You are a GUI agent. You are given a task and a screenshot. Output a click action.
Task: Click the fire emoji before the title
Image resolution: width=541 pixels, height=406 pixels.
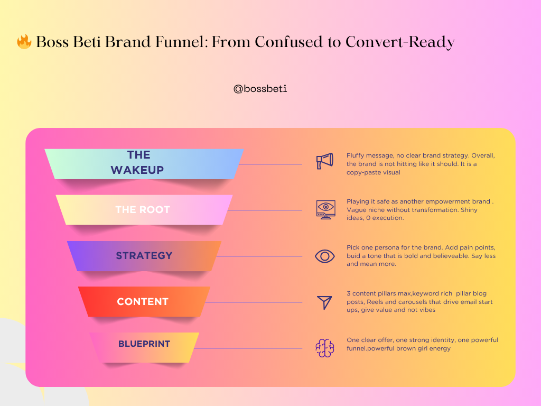point(24,41)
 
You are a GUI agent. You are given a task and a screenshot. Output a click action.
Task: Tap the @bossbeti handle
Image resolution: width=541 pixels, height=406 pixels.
point(260,89)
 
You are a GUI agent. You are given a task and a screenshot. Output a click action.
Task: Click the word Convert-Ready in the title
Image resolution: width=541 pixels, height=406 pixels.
point(400,42)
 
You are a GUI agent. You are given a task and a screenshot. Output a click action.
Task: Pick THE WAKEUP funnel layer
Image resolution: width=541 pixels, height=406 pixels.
point(144,164)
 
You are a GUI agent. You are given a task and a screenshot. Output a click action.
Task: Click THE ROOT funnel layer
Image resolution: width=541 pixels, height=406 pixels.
point(144,210)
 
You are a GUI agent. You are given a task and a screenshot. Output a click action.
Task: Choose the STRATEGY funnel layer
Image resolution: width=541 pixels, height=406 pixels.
point(144,256)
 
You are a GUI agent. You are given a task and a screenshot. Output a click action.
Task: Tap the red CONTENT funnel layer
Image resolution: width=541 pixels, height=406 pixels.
point(144,302)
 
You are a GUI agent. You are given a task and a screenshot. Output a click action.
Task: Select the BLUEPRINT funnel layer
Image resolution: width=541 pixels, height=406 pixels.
point(144,347)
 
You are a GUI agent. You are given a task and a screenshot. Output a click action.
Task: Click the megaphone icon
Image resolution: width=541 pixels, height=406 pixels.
point(325,161)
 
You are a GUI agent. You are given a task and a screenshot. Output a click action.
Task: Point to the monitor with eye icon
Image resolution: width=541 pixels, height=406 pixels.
point(325,209)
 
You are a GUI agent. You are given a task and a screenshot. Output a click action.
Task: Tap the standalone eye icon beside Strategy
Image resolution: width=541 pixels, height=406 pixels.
point(325,256)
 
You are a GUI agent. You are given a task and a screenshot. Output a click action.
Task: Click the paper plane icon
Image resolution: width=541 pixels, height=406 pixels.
point(325,302)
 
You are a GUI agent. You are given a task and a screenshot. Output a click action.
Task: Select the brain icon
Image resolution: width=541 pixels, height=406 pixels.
point(325,348)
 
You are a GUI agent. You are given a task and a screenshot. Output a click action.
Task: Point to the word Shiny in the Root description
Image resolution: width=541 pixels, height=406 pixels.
point(469,210)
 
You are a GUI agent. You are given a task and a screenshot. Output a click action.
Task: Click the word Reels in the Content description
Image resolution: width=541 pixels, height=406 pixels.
point(375,302)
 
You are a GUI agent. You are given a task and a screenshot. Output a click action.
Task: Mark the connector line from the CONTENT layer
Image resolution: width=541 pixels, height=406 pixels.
point(254,302)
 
